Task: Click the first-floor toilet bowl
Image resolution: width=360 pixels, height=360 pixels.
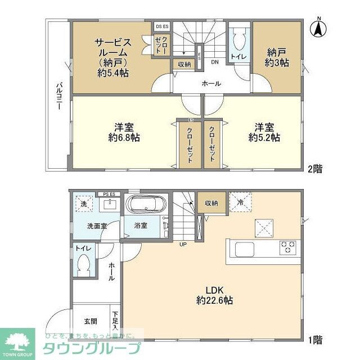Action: coord(85,265)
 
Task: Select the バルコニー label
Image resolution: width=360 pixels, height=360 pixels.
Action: coord(58,96)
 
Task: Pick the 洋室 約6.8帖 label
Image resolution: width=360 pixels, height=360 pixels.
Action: coord(124,132)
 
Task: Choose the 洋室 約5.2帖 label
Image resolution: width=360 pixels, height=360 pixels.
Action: coord(264,132)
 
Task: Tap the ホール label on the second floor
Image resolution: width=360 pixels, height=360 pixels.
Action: coord(211,84)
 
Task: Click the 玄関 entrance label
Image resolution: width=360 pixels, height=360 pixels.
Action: coord(91,322)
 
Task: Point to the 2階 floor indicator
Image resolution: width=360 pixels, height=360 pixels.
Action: coord(315,168)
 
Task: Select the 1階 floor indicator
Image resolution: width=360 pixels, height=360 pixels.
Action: coord(315,339)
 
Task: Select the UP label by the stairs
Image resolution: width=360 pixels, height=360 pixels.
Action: coord(183,244)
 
